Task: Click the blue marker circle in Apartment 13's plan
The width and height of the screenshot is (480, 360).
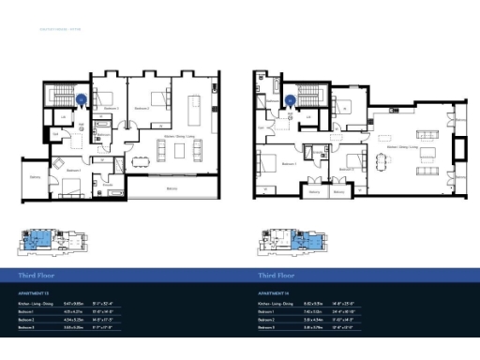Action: (82, 97)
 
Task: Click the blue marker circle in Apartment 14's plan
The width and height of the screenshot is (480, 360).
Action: (292, 100)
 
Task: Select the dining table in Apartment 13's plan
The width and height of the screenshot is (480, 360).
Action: (142, 158)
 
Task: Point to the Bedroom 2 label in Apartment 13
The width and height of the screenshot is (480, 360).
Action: (142, 110)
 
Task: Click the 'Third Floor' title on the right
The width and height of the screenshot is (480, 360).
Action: (277, 276)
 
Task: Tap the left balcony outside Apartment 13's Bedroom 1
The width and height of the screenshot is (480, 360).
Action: (35, 177)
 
